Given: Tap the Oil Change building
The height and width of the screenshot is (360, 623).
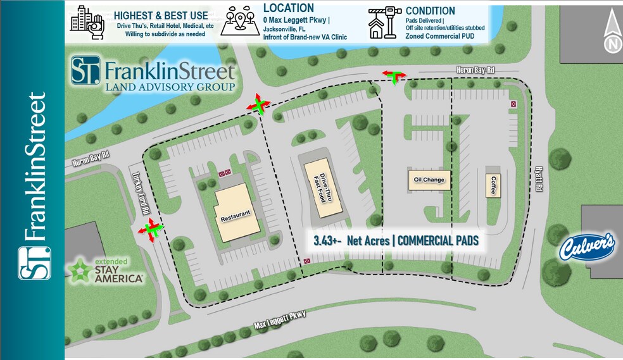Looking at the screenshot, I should tap(429, 180).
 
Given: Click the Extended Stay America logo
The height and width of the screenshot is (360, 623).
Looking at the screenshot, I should tap(106, 270).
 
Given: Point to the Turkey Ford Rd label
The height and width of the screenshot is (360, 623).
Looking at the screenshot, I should tap(140, 192).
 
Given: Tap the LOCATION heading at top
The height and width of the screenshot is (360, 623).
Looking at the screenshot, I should tap(289, 8).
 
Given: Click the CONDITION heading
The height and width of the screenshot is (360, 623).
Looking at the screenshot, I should tap(430, 11).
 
